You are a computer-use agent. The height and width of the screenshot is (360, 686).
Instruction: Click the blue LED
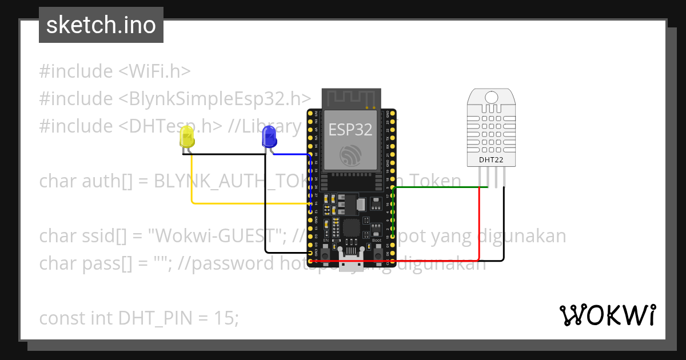268,137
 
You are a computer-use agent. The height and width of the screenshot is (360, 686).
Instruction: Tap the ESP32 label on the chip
350,130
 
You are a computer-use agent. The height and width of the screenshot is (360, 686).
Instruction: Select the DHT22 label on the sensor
491,161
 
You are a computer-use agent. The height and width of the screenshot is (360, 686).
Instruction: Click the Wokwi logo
607,315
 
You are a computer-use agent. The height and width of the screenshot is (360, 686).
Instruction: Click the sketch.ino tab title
101,25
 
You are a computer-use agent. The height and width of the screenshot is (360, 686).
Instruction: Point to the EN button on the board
326,250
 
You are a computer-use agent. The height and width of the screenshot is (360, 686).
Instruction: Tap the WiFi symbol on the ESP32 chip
350,155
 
